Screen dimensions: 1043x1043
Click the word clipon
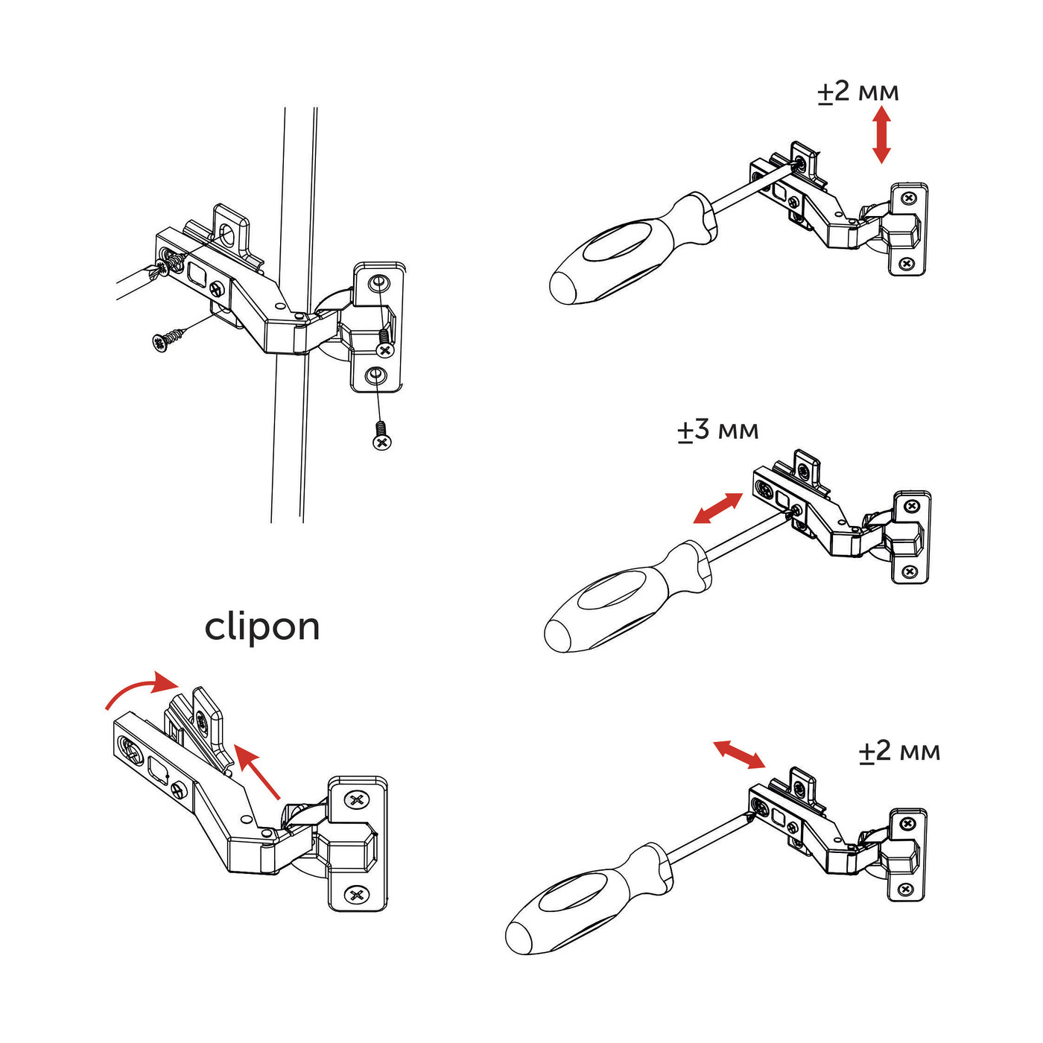[262, 627]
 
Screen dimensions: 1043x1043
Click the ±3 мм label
[718, 431]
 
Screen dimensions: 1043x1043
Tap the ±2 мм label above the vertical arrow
[858, 92]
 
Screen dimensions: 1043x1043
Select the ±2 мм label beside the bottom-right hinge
[899, 751]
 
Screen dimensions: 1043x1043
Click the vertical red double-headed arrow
[881, 134]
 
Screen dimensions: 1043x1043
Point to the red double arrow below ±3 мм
[717, 508]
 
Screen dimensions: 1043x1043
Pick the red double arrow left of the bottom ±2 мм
[738, 754]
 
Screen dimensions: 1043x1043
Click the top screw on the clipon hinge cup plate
[358, 800]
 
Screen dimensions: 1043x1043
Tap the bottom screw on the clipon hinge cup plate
[357, 893]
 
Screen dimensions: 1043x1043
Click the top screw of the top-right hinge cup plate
[908, 198]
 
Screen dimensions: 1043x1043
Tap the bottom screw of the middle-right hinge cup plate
[910, 571]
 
